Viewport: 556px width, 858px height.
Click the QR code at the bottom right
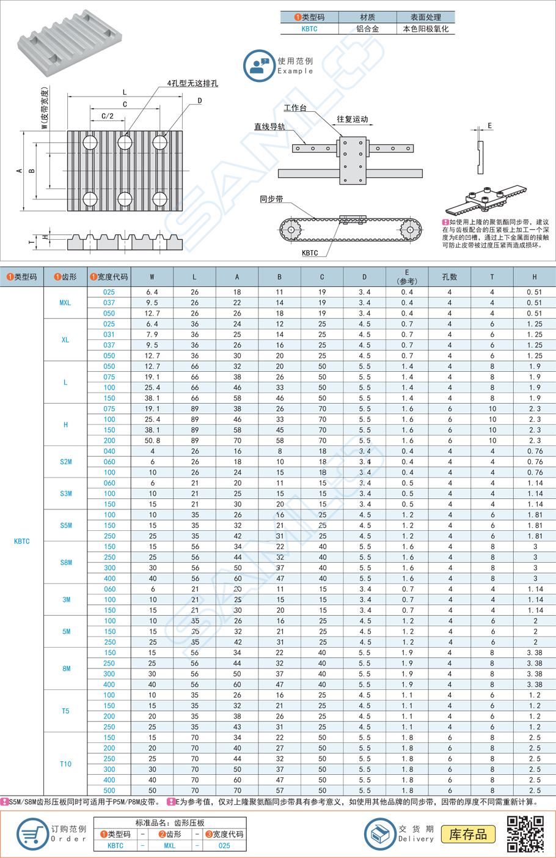(525, 834)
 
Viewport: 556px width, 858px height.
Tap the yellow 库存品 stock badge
(468, 834)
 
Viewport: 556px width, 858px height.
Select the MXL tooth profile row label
(65, 303)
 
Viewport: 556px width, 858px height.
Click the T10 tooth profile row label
(65, 764)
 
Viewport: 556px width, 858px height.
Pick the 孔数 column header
(449, 277)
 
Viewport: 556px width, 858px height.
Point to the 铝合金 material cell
(367, 29)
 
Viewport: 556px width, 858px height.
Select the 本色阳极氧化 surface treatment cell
(425, 29)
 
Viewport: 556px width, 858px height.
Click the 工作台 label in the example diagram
(295, 108)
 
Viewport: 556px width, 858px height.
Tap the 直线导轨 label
(269, 127)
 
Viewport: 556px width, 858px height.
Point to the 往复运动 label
(353, 119)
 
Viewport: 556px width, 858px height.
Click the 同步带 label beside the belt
(271, 199)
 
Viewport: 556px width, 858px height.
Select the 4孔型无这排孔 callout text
(192, 83)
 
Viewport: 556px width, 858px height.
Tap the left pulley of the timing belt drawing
(291, 230)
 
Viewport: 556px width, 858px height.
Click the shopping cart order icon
(31, 834)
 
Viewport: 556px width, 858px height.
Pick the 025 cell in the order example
(224, 846)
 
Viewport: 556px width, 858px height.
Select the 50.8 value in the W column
(152, 440)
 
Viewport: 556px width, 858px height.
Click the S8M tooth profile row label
(66, 563)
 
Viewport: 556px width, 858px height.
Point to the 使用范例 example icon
(259, 65)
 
